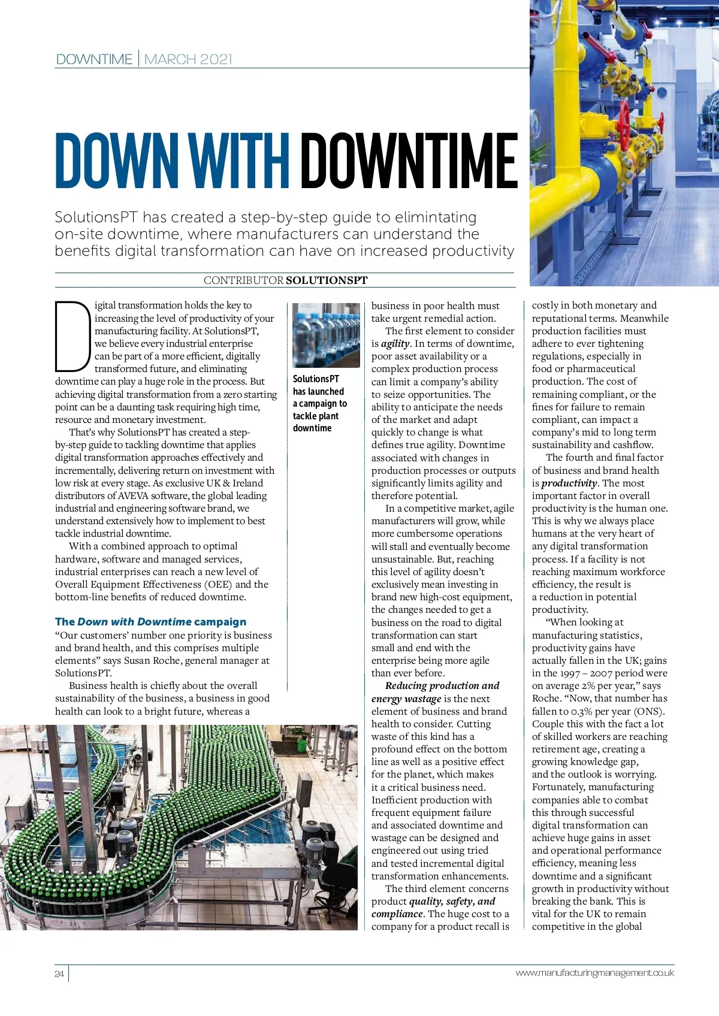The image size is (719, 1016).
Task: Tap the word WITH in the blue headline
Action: (x=239, y=161)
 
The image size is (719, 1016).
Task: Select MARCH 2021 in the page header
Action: (x=188, y=59)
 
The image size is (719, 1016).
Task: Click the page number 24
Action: (x=59, y=973)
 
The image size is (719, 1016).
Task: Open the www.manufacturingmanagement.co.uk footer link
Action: (x=594, y=973)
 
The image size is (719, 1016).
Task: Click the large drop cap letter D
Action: (x=72, y=336)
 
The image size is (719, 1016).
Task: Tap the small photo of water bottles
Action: (x=326, y=335)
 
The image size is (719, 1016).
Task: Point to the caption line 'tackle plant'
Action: (x=316, y=416)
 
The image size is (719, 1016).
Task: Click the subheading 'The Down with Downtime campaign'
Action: (x=150, y=622)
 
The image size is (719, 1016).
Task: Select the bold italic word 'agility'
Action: (x=395, y=344)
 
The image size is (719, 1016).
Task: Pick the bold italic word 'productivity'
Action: (x=569, y=483)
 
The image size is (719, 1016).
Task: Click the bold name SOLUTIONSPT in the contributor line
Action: (x=327, y=280)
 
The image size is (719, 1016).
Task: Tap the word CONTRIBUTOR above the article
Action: (x=243, y=280)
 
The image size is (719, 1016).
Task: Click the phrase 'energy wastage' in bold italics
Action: (x=406, y=698)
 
